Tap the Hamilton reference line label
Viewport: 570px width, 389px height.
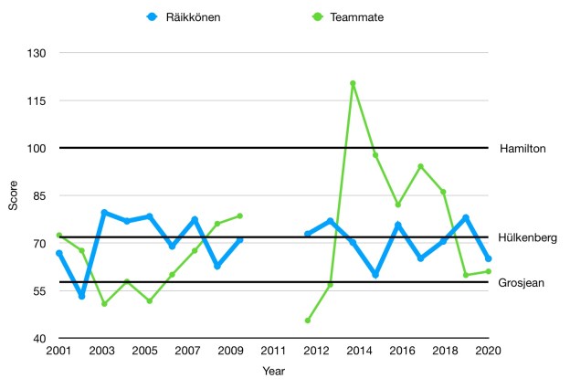tap(523, 148)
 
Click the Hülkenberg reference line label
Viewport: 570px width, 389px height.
tap(527, 237)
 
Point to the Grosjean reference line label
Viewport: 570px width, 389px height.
tap(522, 283)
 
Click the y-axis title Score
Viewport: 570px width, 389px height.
tap(13, 195)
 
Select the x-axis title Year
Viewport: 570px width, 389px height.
tap(273, 371)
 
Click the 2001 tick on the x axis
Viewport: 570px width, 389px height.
tap(58, 351)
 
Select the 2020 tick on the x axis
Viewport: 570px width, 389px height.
tap(488, 351)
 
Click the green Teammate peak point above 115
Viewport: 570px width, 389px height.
tap(353, 83)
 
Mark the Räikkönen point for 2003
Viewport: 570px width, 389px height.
tap(104, 213)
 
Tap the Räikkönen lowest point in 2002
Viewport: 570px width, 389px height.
tap(81, 296)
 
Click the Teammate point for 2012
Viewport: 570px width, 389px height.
tap(307, 321)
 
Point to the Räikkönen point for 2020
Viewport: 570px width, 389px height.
tap(488, 258)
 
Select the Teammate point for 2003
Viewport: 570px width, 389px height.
tap(104, 304)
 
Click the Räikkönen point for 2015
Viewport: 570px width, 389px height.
tap(375, 274)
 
